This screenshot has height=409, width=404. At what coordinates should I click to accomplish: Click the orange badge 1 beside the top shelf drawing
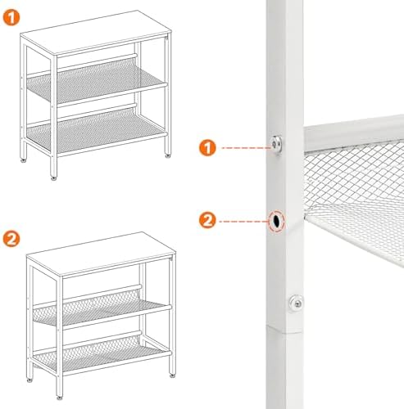click(11, 17)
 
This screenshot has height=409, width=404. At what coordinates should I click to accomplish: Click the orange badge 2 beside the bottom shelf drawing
click(11, 239)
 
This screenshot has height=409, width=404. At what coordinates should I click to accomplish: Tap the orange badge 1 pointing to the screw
click(207, 148)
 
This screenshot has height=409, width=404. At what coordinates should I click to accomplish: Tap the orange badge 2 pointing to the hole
click(207, 220)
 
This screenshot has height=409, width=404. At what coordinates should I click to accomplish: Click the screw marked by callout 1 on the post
click(277, 144)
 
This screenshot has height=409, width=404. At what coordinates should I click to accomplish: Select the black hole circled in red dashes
click(276, 221)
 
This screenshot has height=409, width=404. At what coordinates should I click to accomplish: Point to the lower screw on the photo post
click(296, 303)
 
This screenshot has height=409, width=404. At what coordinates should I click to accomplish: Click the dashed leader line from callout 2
click(244, 222)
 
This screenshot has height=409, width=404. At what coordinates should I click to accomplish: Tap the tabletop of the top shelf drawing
click(96, 32)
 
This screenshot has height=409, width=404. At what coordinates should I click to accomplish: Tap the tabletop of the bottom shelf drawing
click(101, 254)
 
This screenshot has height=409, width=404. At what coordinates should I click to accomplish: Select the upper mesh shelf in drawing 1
click(96, 82)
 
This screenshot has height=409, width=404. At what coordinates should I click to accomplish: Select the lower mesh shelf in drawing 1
click(96, 130)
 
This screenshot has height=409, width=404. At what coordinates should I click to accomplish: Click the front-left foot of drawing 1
click(54, 178)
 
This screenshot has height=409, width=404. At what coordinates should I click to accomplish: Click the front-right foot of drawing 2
click(172, 375)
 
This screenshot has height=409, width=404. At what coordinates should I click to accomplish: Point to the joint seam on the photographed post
click(285, 330)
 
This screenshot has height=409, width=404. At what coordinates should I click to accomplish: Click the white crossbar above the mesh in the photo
click(354, 133)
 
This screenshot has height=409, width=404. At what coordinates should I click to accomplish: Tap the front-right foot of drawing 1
click(167, 156)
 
